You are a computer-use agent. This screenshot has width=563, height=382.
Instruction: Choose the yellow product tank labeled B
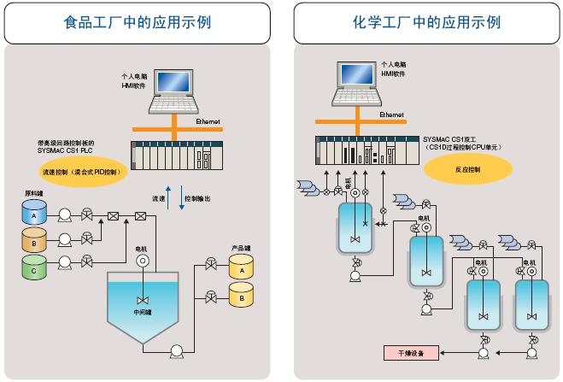point(242,298)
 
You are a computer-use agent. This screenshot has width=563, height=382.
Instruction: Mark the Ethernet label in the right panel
point(391,114)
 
